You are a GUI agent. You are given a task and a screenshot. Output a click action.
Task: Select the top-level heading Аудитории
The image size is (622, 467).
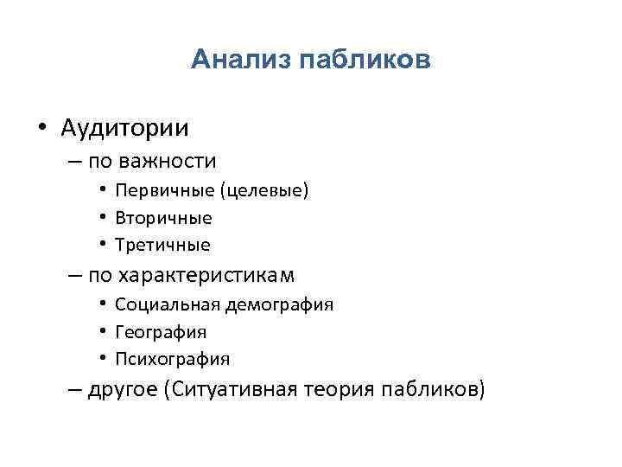click(x=124, y=128)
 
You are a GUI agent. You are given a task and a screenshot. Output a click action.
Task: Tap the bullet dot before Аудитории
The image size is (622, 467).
click(x=41, y=129)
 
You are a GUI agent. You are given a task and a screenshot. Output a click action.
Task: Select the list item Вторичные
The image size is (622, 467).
click(x=162, y=218)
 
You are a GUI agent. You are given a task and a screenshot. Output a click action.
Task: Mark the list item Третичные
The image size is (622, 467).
click(x=162, y=245)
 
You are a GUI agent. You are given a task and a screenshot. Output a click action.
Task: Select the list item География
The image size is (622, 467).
click(x=161, y=332)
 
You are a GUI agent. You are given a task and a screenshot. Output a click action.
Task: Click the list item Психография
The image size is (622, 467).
click(x=172, y=359)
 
